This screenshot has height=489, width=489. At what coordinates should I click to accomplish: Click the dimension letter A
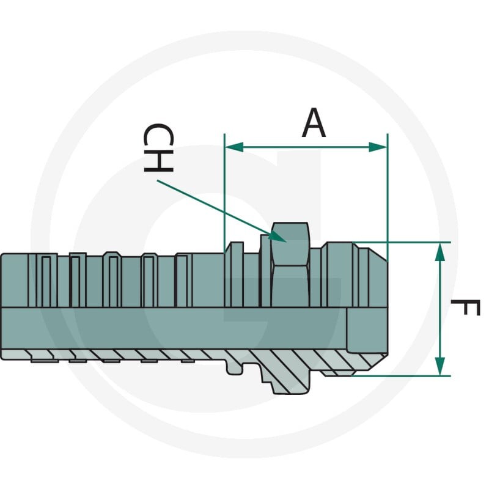point(314,123)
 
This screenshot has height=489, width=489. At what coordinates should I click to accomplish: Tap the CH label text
point(158,148)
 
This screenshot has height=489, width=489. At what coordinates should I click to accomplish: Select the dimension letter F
point(465,307)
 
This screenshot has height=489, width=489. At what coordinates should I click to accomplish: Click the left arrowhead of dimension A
point(234,147)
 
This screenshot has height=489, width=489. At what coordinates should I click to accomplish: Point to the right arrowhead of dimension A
point(378,147)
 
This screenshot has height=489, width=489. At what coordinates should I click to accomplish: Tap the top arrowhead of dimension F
point(439,252)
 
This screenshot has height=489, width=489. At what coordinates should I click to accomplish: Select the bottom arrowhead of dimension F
point(439,366)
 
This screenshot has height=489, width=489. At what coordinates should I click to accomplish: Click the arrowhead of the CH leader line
point(278,237)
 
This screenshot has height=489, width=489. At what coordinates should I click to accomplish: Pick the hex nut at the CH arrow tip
point(290,265)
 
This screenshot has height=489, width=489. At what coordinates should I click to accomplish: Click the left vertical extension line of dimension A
point(224,193)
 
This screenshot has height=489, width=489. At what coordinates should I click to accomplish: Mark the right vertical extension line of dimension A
point(388,196)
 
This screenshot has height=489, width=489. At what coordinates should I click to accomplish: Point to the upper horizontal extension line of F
point(402,242)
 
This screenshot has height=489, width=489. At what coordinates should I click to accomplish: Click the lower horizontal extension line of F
point(401,376)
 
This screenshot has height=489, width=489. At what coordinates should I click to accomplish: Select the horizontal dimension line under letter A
point(306,147)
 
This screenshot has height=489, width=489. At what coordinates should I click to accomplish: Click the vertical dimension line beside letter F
point(439,309)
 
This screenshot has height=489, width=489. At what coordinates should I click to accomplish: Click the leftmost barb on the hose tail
point(43,280)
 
